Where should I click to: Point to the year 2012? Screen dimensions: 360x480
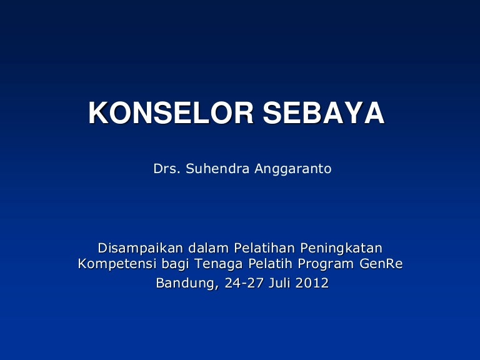click(312, 283)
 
